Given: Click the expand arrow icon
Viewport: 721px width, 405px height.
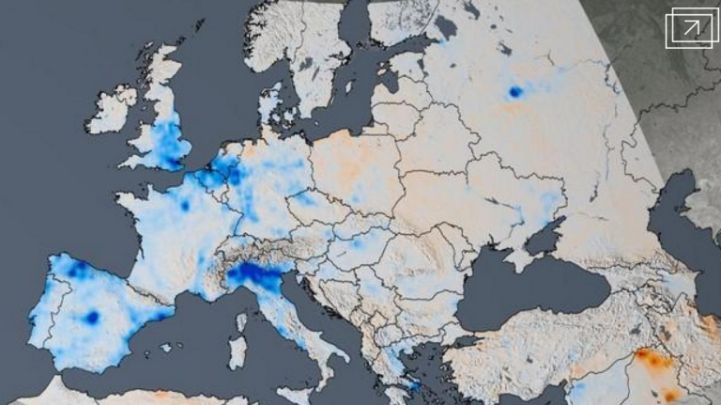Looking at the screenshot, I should point(691,29).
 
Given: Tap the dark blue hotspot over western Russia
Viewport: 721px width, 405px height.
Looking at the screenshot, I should point(514,92).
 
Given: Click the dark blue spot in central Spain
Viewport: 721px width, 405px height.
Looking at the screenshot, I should point(91,318).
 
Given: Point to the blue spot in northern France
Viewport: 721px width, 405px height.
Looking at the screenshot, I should point(185,205).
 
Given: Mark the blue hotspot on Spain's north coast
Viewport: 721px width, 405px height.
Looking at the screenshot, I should point(76,270).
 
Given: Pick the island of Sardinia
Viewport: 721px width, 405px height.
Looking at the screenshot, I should point(238,352).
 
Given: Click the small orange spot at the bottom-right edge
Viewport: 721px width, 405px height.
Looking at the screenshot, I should point(670,396).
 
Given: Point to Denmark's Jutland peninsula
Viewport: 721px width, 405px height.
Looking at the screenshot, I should point(271,108).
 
